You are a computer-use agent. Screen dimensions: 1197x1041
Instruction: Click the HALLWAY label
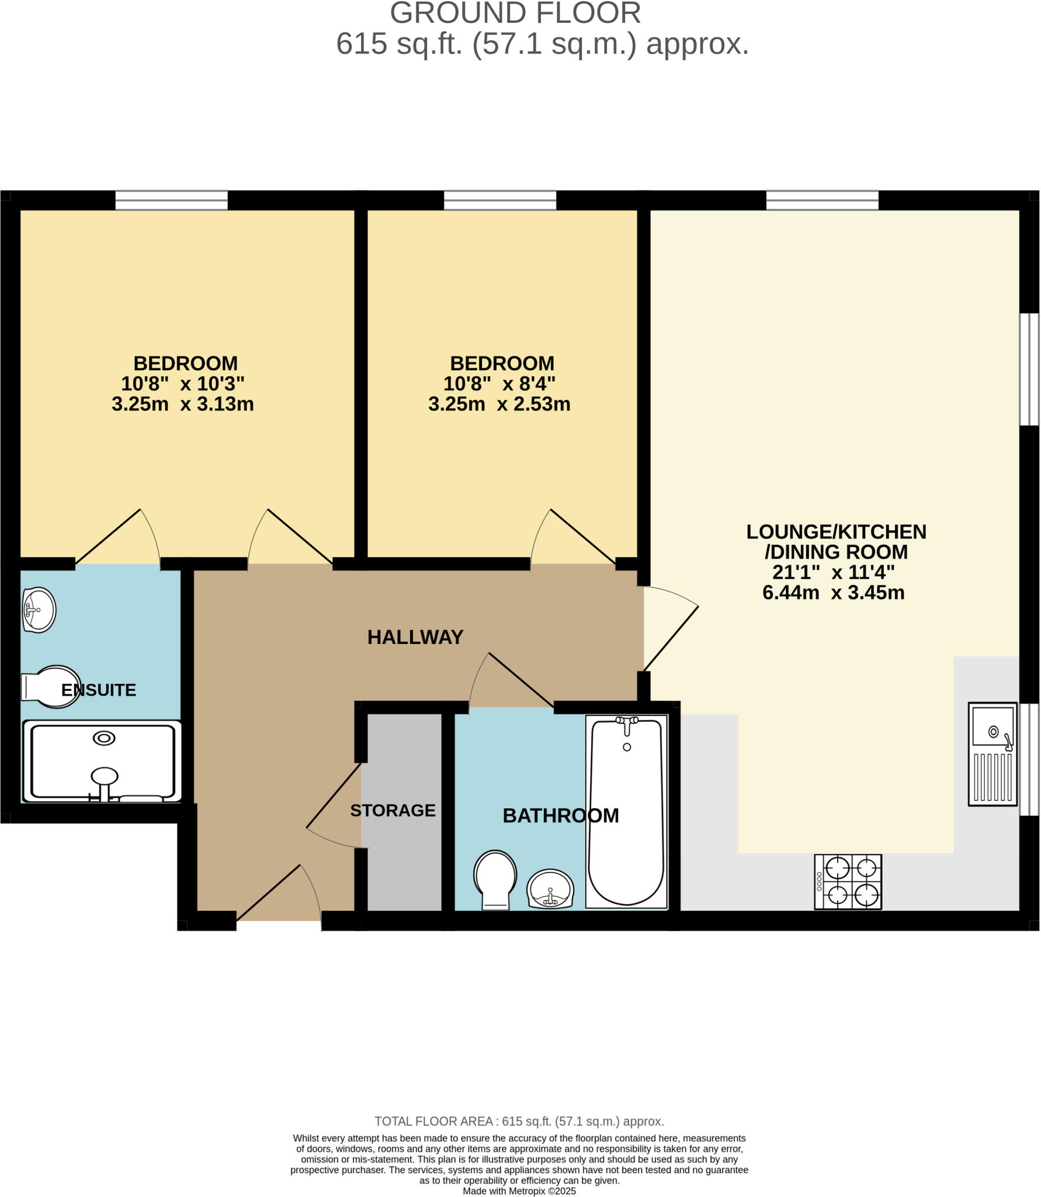(x=415, y=637)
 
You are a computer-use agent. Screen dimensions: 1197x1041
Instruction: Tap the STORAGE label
(x=393, y=811)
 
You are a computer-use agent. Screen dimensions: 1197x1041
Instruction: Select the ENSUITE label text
(x=98, y=690)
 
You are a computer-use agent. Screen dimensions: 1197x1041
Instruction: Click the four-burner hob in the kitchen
(x=848, y=882)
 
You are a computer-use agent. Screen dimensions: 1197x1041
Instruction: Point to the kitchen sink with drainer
(x=992, y=755)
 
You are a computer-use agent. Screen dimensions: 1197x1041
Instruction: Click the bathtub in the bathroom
(x=626, y=812)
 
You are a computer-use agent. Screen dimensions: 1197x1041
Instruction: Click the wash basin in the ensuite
(x=39, y=610)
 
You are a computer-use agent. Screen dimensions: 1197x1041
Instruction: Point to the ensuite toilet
(x=51, y=687)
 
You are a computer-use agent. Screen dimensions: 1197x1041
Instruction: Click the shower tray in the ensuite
(x=102, y=762)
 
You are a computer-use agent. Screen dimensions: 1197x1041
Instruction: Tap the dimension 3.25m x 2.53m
(x=499, y=404)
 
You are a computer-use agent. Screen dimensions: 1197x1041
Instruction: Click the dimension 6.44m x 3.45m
(x=833, y=593)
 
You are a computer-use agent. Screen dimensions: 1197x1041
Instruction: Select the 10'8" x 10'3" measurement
(x=182, y=384)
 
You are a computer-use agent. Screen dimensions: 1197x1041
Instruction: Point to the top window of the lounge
(x=822, y=200)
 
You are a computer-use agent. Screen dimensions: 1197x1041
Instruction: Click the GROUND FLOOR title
(x=515, y=13)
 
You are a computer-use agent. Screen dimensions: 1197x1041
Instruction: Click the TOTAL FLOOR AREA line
(x=519, y=1122)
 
